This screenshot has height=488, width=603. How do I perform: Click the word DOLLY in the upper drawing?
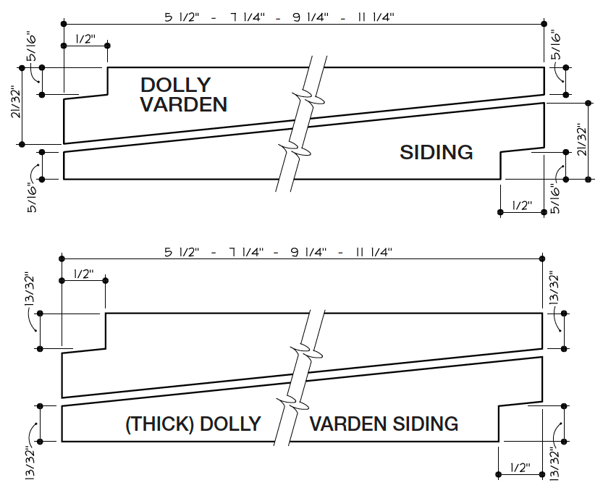click(175, 85)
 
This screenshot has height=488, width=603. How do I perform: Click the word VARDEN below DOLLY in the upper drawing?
click(183, 104)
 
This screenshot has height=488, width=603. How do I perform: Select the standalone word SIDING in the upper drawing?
click(437, 152)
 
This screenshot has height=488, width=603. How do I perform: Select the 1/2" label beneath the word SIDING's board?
click(521, 206)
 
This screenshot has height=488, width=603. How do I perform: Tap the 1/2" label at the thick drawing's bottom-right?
click(520, 467)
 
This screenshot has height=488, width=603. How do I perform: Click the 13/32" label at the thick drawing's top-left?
click(30, 290)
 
